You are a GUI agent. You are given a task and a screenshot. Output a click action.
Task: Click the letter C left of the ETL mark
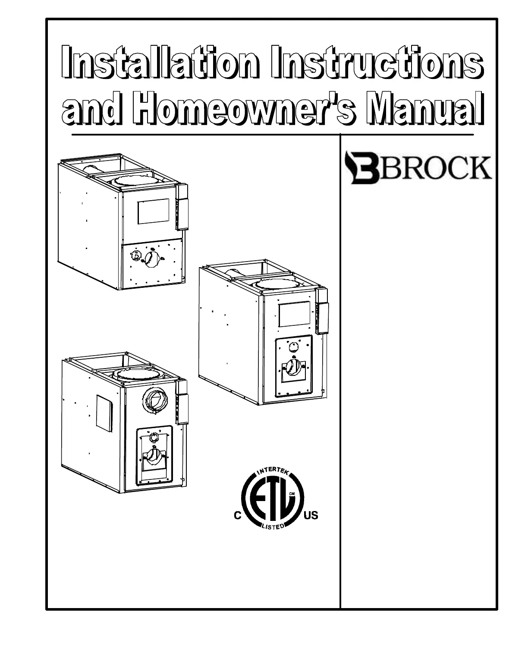click(x=237, y=516)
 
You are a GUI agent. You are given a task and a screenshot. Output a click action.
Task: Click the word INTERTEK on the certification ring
click(x=273, y=473)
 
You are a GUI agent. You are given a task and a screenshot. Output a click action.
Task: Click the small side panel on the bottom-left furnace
click(x=104, y=413)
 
